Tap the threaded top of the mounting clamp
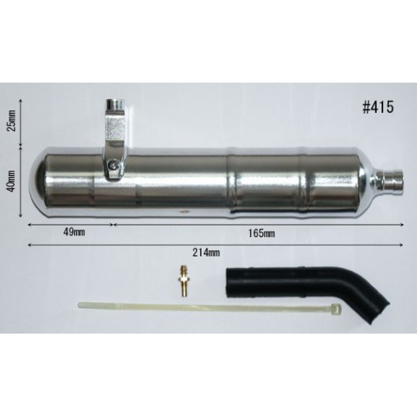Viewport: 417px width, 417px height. (x=114, y=105)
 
